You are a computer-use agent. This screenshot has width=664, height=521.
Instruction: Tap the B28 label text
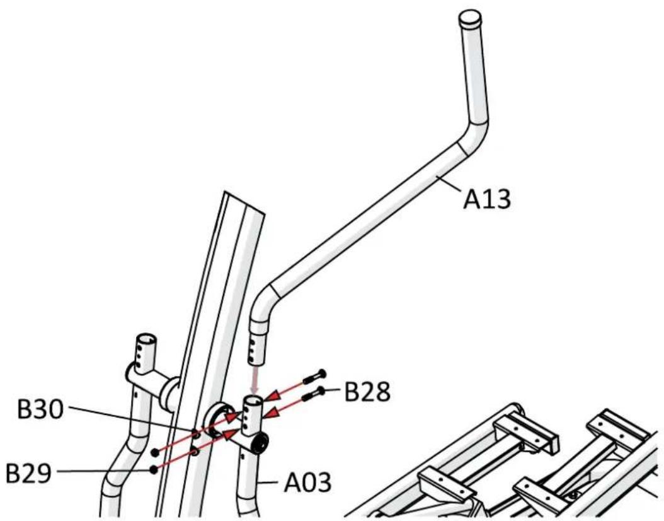(x=367, y=392)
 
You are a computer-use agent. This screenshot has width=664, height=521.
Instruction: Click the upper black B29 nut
(x=154, y=452)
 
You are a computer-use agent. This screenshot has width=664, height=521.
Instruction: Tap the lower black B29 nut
(x=154, y=469)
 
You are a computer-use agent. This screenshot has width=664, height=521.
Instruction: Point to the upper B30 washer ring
(x=195, y=436)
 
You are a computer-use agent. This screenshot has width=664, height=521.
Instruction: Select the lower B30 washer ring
(x=195, y=452)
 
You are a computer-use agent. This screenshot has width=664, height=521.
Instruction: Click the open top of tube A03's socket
(x=254, y=401)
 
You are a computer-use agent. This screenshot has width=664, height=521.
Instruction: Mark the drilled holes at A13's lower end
(x=255, y=344)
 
